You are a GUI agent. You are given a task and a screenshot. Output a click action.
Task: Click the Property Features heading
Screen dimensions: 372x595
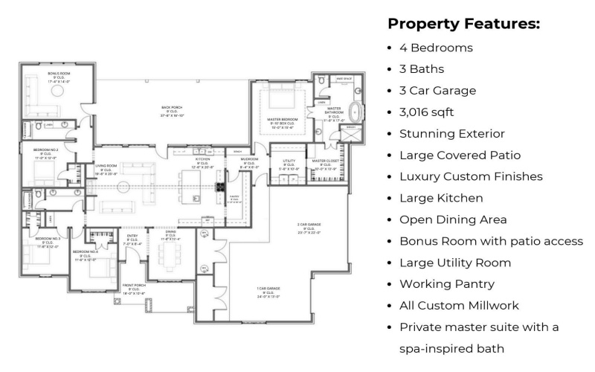tap(463, 24)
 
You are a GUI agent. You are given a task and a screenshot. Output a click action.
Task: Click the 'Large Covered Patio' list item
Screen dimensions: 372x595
tap(460, 155)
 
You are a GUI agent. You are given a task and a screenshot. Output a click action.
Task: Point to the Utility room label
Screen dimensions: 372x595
tap(290, 164)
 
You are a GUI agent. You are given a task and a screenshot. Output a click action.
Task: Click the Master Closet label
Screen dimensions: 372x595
tap(325, 164)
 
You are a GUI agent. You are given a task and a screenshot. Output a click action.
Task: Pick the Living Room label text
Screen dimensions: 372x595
tap(106, 170)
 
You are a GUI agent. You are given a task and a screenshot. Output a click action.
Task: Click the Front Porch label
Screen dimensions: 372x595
tap(134, 288)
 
